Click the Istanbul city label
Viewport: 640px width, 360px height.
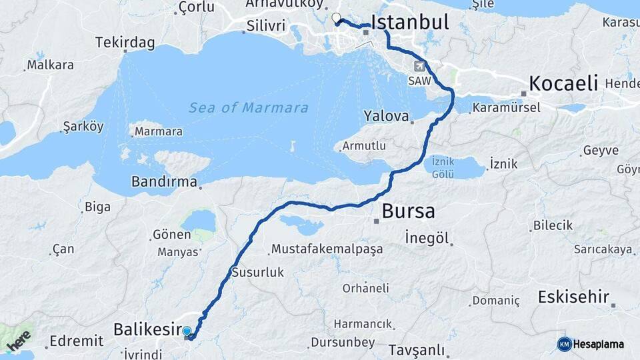[409, 22]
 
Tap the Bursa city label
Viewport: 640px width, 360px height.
[408, 211]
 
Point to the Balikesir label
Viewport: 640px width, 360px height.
[147, 329]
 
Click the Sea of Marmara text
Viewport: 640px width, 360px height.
[248, 108]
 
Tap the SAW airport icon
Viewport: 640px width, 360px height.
[420, 66]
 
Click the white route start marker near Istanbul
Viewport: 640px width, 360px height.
[336, 18]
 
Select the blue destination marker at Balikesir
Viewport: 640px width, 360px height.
[187, 331]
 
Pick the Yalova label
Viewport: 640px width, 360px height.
[386, 116]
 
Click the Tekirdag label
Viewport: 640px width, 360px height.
[125, 43]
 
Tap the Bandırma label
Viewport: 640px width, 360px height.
[164, 181]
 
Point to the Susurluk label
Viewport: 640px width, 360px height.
[257, 272]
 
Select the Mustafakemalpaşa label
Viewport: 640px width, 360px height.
[327, 249]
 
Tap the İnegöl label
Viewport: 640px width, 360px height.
[427, 237]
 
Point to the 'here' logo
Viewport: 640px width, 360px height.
[19, 339]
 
